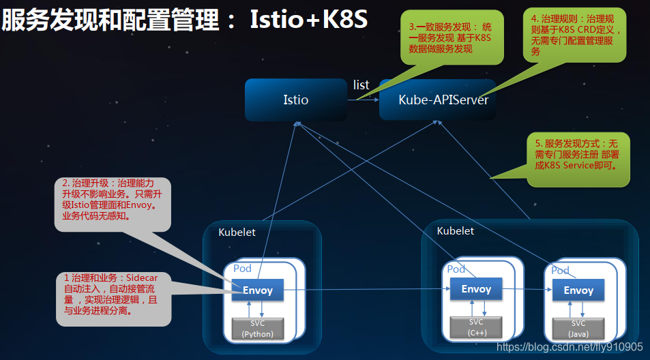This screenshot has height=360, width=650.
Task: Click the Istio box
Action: (x=295, y=100)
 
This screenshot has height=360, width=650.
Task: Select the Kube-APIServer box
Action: (x=443, y=100)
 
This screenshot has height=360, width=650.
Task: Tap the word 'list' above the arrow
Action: (x=361, y=85)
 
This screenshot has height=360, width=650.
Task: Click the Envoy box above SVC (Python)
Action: (x=258, y=290)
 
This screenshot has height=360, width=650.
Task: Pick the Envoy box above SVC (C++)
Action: (x=476, y=289)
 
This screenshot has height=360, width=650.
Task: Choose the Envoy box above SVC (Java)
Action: (x=578, y=290)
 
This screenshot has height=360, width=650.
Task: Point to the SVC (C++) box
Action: (x=476, y=327)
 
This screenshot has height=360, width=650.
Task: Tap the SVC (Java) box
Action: (x=578, y=328)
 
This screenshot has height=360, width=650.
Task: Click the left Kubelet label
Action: (x=237, y=232)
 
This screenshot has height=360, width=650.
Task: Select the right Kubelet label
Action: (x=456, y=230)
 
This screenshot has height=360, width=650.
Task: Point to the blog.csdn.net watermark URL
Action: (x=570, y=347)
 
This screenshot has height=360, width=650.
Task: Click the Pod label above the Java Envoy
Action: (x=560, y=271)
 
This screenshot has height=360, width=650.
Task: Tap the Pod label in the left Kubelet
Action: (x=242, y=269)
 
